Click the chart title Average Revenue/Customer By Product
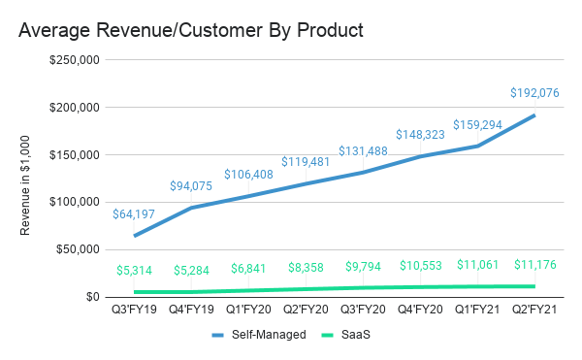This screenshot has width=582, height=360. coord(191,30)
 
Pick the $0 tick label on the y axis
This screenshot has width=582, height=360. coord(94,297)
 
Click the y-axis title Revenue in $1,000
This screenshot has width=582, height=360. coord(26,179)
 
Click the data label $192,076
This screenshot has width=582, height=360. coord(535,94)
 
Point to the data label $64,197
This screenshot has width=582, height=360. coord(134,214)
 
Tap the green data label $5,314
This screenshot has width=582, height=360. coord(134,271)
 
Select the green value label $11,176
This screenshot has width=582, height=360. coord(535,265)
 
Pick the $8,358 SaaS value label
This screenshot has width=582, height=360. coord(306,267)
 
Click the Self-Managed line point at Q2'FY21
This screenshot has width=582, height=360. coord(535,115)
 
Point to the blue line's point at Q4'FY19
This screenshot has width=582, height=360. coord(191,208)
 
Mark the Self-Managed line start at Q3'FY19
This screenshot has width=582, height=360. coord(134,236)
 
